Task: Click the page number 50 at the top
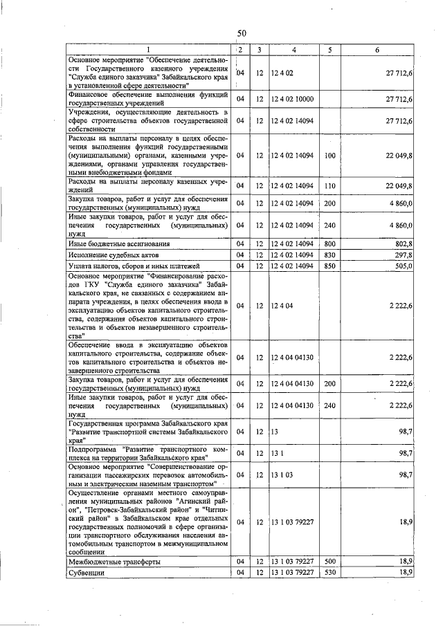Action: pos(242,33)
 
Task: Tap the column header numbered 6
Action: pos(377,50)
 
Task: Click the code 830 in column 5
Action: pos(329,255)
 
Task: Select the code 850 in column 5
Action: pos(329,266)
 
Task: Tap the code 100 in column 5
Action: pos(329,156)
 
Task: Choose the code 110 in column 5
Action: pos(329,185)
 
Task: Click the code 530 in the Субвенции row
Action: pos(329,573)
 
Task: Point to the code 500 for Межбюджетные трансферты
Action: pos(329,562)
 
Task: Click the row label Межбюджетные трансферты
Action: pos(114,562)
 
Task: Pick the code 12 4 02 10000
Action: pos(293,100)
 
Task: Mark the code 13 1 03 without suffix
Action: pos(282,475)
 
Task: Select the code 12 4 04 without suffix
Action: pos(283,305)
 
